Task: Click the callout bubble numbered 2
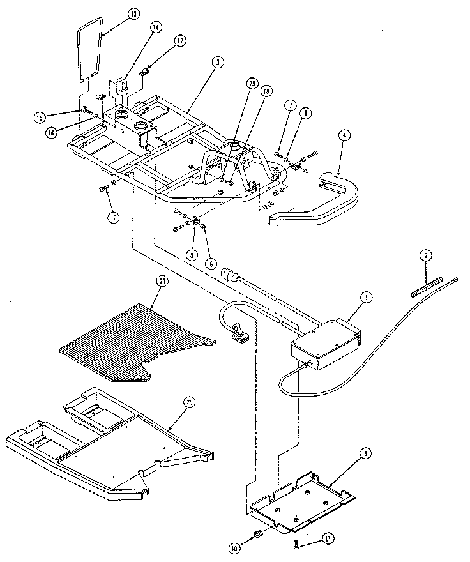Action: [x=423, y=256]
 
